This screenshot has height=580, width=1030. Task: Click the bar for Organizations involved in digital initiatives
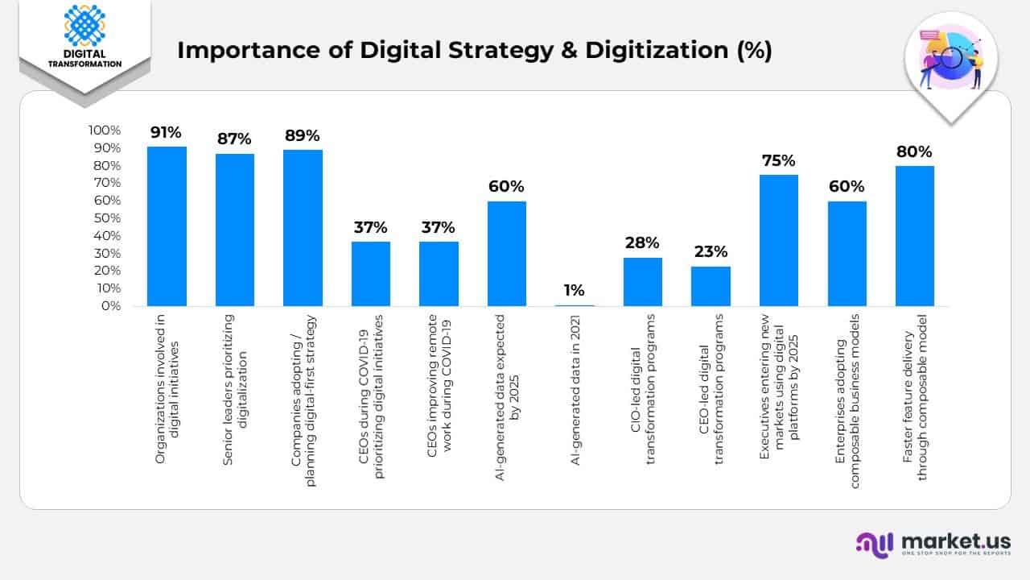coord(167,226)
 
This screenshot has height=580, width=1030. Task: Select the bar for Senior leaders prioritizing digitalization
coord(235,230)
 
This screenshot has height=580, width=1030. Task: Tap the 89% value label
coord(302,135)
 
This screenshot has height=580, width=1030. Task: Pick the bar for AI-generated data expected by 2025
coord(506,254)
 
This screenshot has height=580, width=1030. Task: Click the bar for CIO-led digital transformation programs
coord(642,282)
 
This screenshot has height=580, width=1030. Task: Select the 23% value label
coord(711,251)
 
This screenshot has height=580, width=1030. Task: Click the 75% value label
coord(778,160)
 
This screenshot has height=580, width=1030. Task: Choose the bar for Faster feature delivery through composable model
coord(914,236)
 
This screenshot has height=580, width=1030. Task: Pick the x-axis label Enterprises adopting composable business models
coord(847,388)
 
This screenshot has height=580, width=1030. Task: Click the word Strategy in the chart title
coord(512,50)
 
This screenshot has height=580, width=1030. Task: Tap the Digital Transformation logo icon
coord(84,26)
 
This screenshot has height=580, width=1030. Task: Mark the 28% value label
coord(642,242)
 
